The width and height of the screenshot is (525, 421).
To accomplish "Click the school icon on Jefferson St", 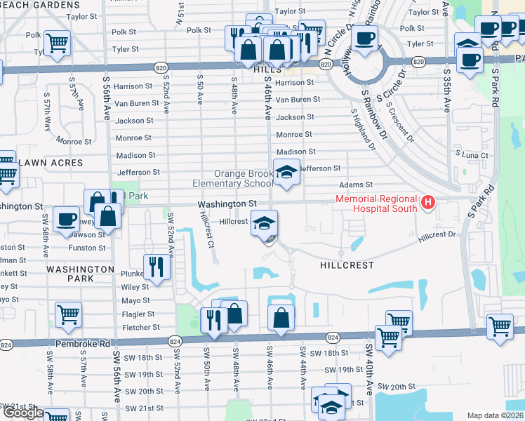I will (286, 172).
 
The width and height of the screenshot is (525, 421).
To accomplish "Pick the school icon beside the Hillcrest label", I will (265, 225).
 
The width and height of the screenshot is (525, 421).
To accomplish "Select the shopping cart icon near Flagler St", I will (68, 315).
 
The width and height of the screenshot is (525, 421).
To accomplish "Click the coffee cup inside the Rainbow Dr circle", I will (364, 39).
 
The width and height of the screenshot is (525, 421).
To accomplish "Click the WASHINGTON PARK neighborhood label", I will (80, 274).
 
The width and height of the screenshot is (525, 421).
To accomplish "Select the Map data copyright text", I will (495, 415).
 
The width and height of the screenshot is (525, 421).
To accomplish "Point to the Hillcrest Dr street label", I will (437, 237).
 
